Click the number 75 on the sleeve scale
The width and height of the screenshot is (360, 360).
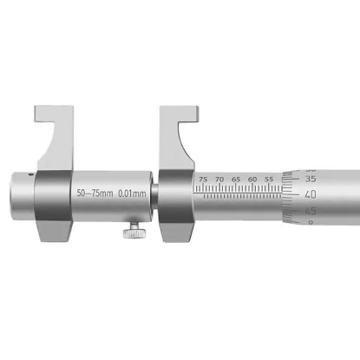(203, 180)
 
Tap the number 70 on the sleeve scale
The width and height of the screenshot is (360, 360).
(219, 180)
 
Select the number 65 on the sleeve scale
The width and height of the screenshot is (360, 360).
(236, 180)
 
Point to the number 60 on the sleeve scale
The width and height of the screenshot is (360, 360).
(252, 180)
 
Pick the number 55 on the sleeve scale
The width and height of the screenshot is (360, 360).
(269, 180)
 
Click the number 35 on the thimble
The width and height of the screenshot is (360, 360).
(311, 179)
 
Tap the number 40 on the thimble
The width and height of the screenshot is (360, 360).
(311, 194)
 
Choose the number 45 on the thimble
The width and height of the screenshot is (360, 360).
(311, 211)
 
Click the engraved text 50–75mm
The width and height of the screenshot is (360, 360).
(95, 193)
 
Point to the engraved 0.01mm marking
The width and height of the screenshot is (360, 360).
(132, 193)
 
